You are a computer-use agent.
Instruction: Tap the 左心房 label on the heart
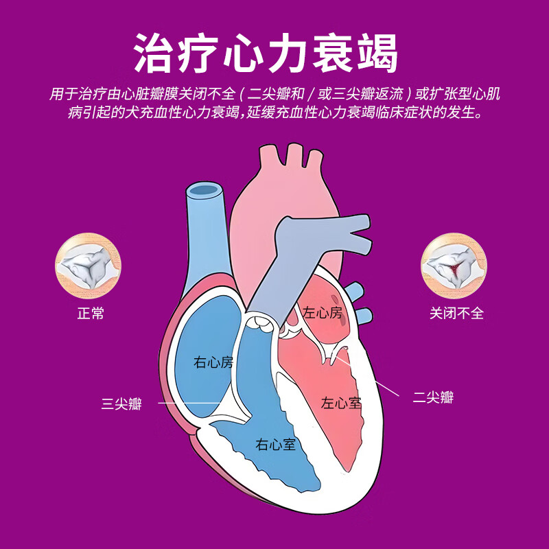pos(322,313)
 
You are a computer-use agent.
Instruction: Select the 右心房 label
pos(213,362)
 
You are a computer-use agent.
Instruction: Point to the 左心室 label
pos(341,403)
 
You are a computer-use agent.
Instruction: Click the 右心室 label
pos(276,444)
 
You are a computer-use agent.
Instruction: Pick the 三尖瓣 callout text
pos(121,404)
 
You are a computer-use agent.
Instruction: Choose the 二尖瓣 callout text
pos(433,397)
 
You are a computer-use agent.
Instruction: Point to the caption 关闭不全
pos(456,314)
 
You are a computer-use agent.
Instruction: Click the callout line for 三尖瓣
pos(189,404)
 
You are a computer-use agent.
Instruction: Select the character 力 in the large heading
pos(287,51)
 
